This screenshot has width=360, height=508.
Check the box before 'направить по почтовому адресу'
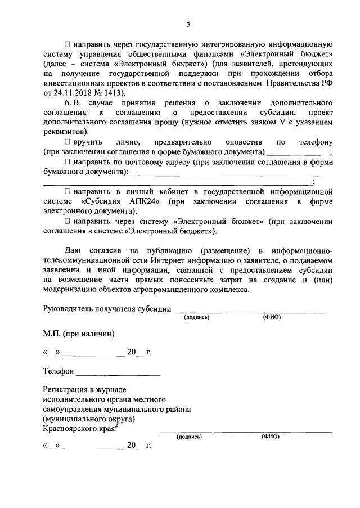pos(67,162)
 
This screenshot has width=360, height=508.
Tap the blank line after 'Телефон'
pos(118,372)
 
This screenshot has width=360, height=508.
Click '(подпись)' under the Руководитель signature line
pos(197,317)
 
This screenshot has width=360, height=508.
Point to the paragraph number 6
pos(68,102)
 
